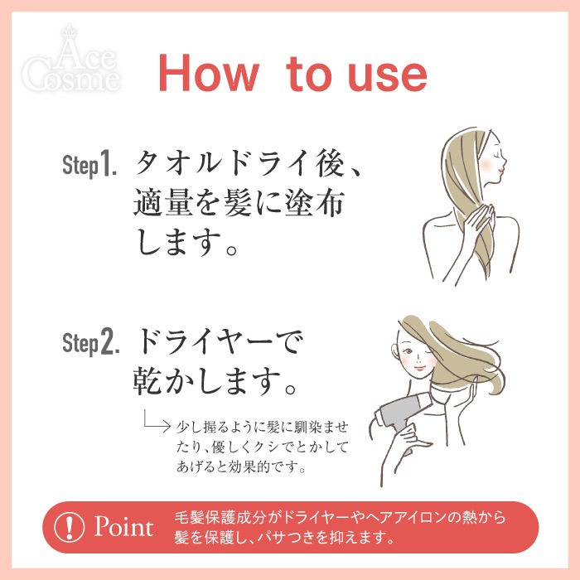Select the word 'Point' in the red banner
coord(124,527)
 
